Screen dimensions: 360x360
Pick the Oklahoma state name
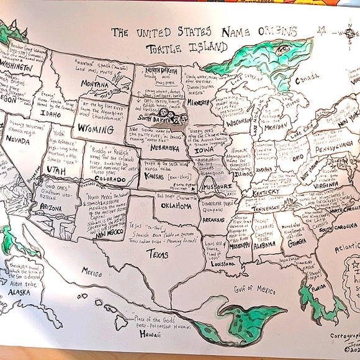176,205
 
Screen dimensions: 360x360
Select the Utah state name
56,169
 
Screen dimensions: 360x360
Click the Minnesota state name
202,103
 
